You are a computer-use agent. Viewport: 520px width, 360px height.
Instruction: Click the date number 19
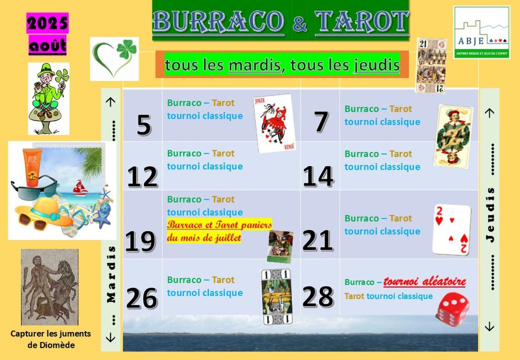(x=140, y=241)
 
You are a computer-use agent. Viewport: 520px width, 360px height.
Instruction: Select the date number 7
(x=321, y=121)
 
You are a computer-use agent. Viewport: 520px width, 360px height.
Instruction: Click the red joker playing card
(x=275, y=123)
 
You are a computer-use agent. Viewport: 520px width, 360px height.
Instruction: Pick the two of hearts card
(x=451, y=230)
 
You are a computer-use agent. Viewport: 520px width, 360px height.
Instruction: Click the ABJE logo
(x=482, y=32)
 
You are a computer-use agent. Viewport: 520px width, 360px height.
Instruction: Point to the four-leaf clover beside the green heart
(x=127, y=49)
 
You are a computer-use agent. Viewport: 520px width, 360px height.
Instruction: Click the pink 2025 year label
(x=47, y=23)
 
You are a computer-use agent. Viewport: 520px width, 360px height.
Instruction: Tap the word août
(x=47, y=45)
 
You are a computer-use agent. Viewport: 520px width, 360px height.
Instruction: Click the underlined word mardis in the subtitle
(x=255, y=65)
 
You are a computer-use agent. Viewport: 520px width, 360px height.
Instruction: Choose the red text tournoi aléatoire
(x=424, y=282)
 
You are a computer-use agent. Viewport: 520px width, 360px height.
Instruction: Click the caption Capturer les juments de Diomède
(x=51, y=339)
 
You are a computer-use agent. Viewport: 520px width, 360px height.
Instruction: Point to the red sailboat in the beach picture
(x=80, y=188)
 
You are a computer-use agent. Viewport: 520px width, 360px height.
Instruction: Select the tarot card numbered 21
(x=431, y=66)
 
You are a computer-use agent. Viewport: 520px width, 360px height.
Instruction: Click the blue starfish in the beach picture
(x=103, y=218)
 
